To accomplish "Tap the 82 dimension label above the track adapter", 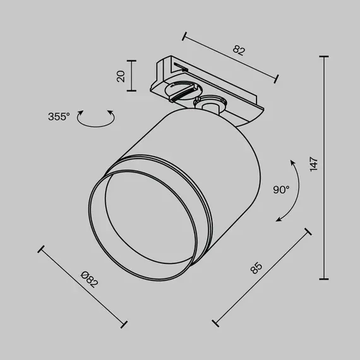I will pyautogui.click(x=238, y=50).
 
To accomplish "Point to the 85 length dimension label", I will pyautogui.click(x=256, y=268).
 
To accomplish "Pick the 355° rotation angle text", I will pyautogui.click(x=58, y=117).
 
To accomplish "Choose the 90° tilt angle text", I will pyautogui.click(x=281, y=189).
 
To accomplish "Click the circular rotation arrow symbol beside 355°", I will pyautogui.click(x=95, y=118).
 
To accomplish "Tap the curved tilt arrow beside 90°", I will pyautogui.click(x=289, y=189).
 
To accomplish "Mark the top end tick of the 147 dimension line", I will pyautogui.click(x=325, y=57).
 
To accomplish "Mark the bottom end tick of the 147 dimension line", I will pyautogui.click(x=325, y=279).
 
